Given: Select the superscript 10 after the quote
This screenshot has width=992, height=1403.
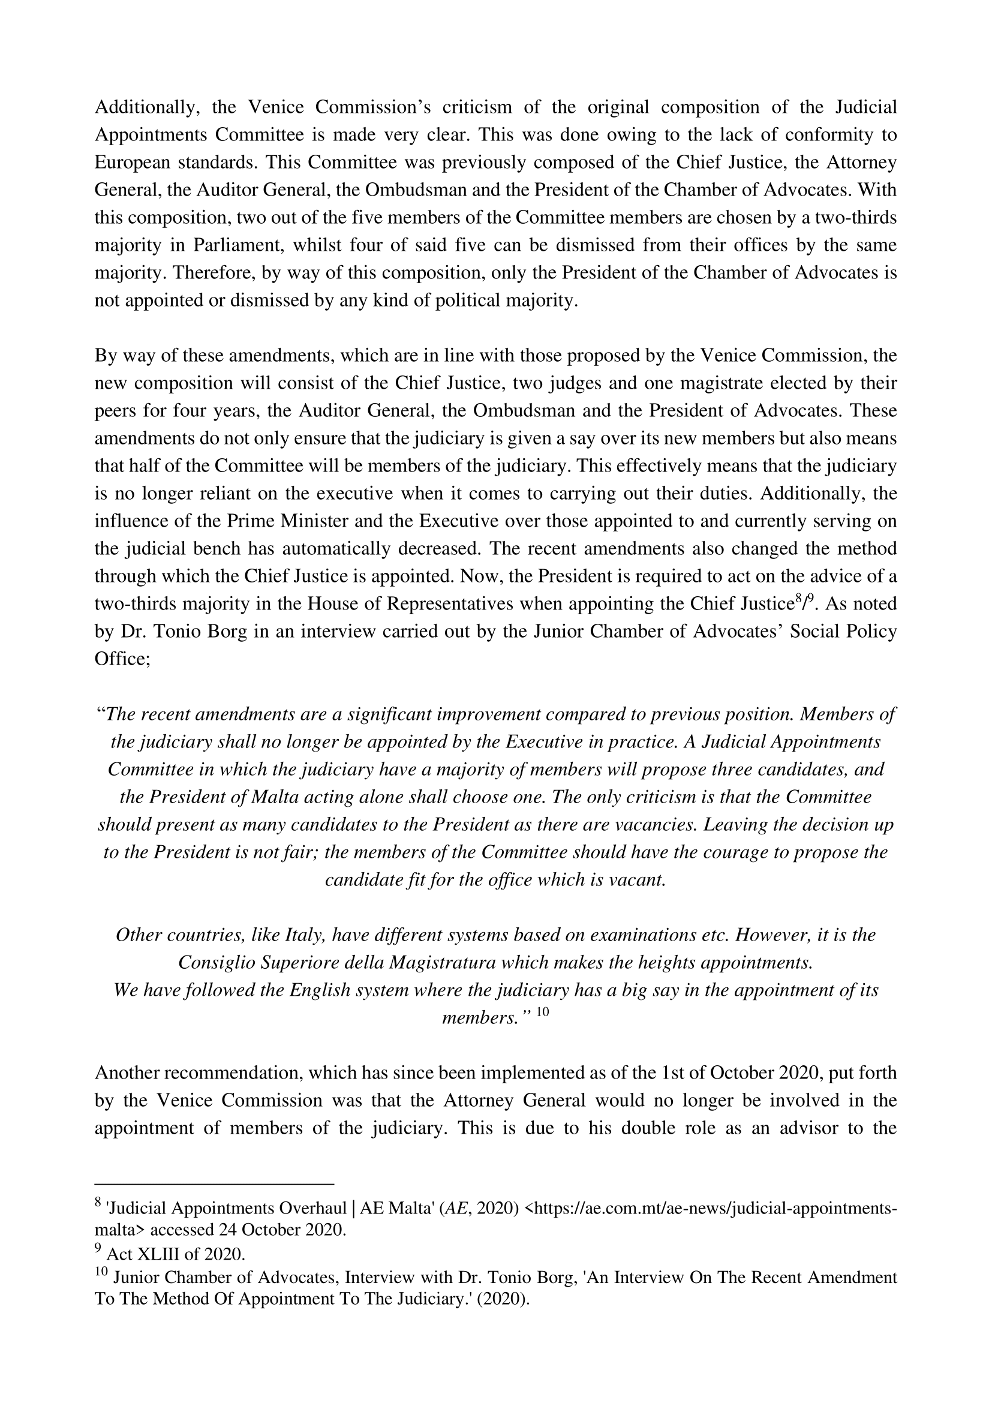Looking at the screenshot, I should tap(542, 1012).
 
